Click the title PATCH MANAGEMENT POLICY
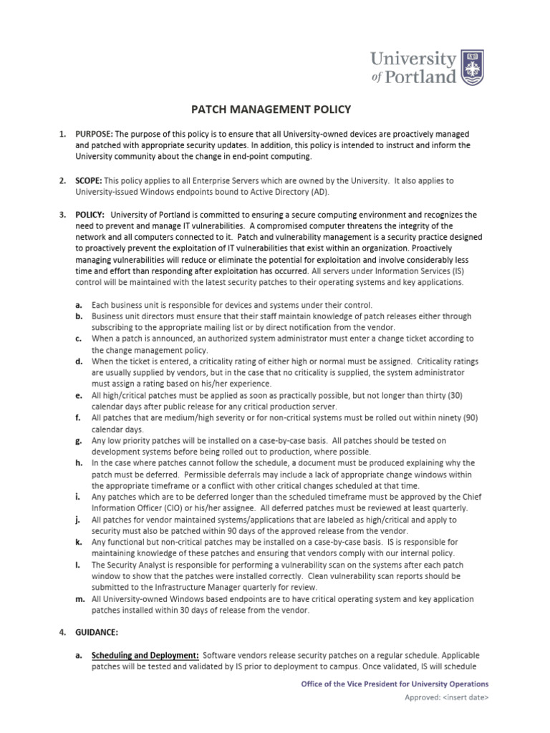click(x=270, y=110)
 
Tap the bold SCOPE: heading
click(x=89, y=181)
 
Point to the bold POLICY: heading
click(x=90, y=215)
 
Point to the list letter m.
click(x=79, y=599)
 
